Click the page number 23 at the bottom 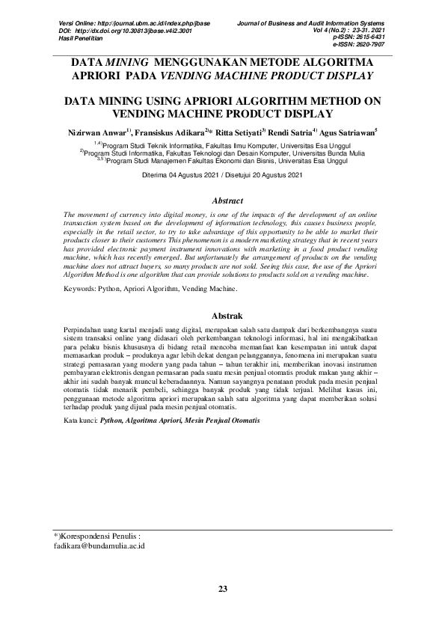[x=222, y=590]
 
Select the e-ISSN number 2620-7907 [x=369, y=44]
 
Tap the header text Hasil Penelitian [x=82, y=37]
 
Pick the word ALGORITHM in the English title [x=266, y=100]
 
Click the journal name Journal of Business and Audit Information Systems [x=309, y=24]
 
